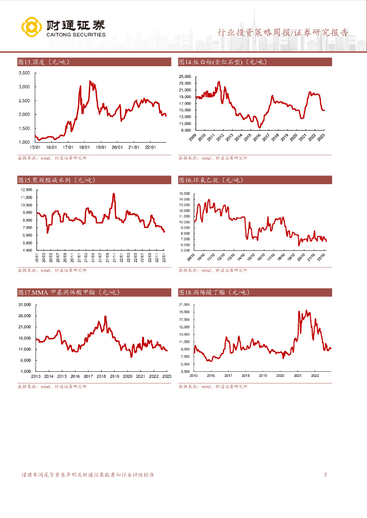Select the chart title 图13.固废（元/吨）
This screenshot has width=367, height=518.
43,62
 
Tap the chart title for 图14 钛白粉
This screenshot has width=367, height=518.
223,62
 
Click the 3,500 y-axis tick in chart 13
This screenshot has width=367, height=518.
24,73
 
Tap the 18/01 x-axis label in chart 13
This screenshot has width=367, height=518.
84,147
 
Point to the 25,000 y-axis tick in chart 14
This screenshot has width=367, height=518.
185,76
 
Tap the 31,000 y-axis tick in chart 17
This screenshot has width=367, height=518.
25,305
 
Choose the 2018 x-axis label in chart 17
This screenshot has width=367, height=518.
101,376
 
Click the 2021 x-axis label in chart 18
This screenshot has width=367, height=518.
298,375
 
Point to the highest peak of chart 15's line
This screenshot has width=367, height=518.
114,193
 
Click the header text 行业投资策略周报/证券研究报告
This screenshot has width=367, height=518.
283,33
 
